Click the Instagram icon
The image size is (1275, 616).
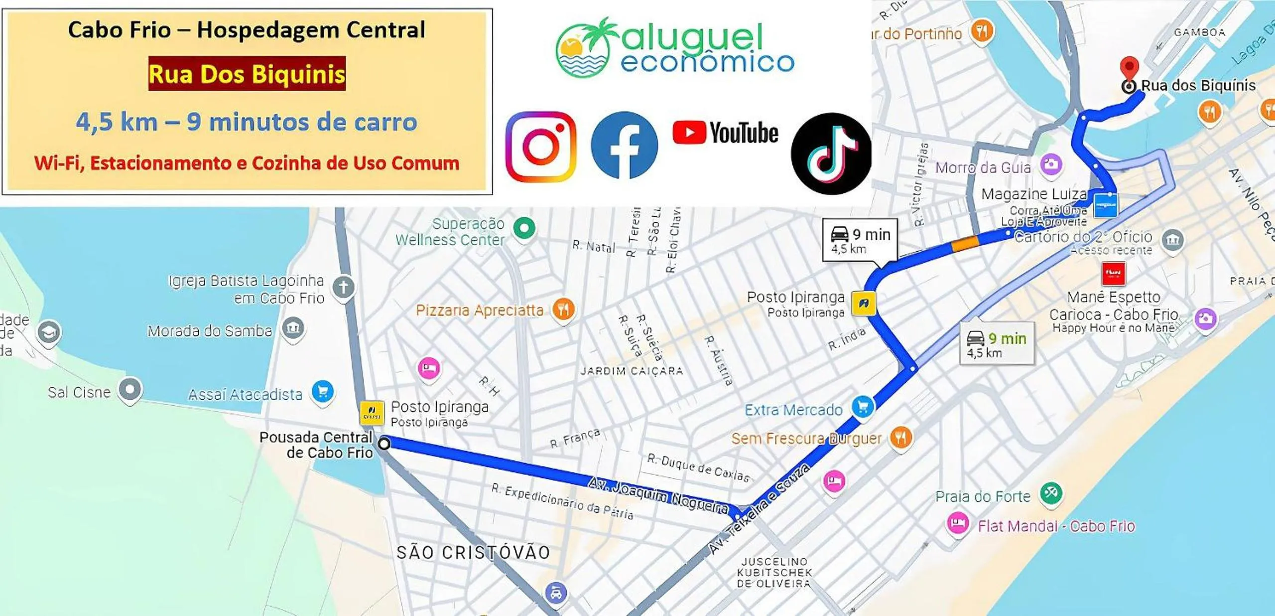pos(541,147)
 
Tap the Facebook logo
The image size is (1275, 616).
pos(624,145)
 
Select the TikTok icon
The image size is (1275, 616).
pos(831,154)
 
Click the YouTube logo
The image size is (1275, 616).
pos(725,133)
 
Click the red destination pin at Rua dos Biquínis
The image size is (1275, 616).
pos(1129,69)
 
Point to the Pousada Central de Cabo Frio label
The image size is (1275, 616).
pos(316,445)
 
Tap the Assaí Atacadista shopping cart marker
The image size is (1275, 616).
pos(322,392)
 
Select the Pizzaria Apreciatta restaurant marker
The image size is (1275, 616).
pos(563,309)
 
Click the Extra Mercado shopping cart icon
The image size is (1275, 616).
pos(863,407)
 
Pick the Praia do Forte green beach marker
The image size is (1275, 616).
pos(1051,493)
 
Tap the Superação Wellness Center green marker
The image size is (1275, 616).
pos(524,229)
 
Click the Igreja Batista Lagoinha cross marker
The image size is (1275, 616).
pos(344,288)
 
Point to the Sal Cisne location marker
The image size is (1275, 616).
pos(130,389)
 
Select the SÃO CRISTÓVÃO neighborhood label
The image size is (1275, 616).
pos(473,552)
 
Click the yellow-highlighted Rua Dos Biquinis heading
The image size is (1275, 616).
pos(247,74)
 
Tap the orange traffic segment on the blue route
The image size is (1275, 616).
pos(965,244)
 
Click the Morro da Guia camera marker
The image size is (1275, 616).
pos(1051,164)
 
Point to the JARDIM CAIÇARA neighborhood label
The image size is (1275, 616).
pos(632,371)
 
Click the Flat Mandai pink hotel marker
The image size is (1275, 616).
pos(957,523)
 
